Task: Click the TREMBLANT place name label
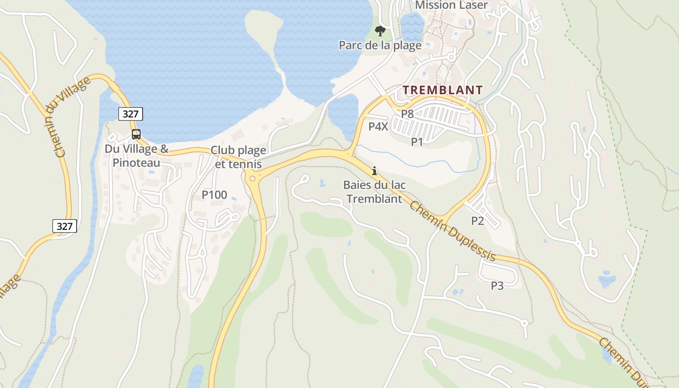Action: pos(442,90)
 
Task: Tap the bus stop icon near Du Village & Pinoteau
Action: pos(136,134)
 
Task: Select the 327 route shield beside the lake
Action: pos(130,114)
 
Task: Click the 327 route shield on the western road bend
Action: pos(65,226)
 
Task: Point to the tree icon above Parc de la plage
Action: pos(380,32)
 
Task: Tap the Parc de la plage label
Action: pos(380,46)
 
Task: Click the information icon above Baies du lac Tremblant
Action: pos(374,171)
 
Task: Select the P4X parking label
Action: pos(378,127)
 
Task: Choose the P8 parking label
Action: pos(407,114)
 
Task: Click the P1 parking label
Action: pos(417,142)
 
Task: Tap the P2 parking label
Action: pos(478,221)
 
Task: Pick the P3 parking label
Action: pos(497,286)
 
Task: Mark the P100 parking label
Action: pos(214,195)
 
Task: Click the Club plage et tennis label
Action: pos(238,157)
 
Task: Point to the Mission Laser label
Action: pos(451,6)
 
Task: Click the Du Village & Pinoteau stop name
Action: pos(137,155)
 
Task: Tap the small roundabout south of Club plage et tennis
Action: pos(252,178)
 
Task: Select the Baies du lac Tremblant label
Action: pos(374,192)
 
